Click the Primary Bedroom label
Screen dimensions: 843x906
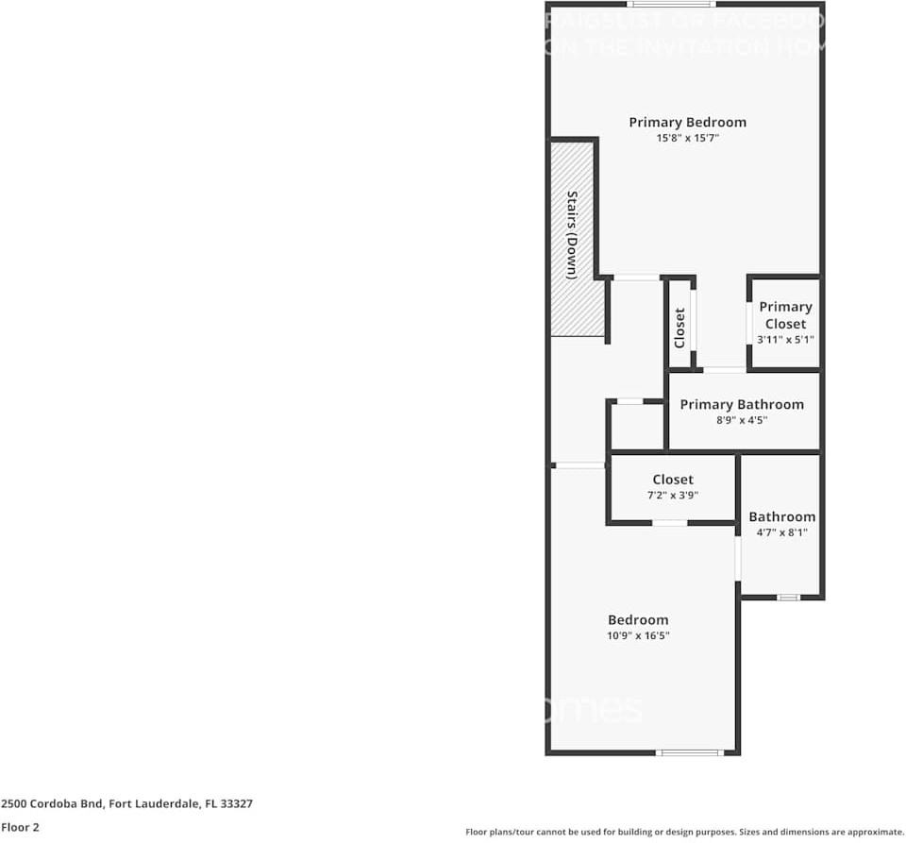point(687,122)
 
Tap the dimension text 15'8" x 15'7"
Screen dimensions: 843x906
point(687,138)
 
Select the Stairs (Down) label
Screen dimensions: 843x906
point(572,235)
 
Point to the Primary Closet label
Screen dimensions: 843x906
point(785,315)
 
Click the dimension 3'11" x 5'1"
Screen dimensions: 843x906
point(785,340)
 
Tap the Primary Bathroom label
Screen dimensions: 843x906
point(742,404)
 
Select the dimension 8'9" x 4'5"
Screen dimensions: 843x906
point(742,420)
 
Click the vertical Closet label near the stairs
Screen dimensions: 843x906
point(679,327)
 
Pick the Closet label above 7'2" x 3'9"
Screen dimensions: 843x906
point(673,480)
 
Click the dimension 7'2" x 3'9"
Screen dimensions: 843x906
point(673,496)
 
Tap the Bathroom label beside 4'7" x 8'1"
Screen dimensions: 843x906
point(781,516)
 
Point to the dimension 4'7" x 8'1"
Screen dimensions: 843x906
point(781,532)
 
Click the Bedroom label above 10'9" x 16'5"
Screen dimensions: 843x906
point(638,619)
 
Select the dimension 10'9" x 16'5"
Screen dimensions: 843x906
point(638,636)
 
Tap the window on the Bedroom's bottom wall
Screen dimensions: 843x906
point(689,752)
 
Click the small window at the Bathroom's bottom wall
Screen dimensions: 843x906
point(787,597)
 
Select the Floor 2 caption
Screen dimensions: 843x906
point(20,827)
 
